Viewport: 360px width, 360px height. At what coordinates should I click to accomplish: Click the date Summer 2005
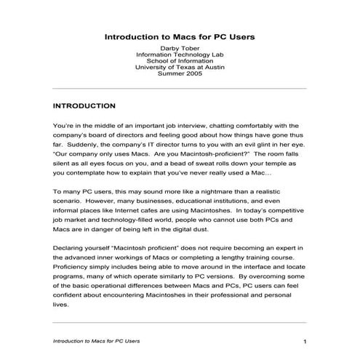180,76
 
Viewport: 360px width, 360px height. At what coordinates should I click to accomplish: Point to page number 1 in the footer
305,341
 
